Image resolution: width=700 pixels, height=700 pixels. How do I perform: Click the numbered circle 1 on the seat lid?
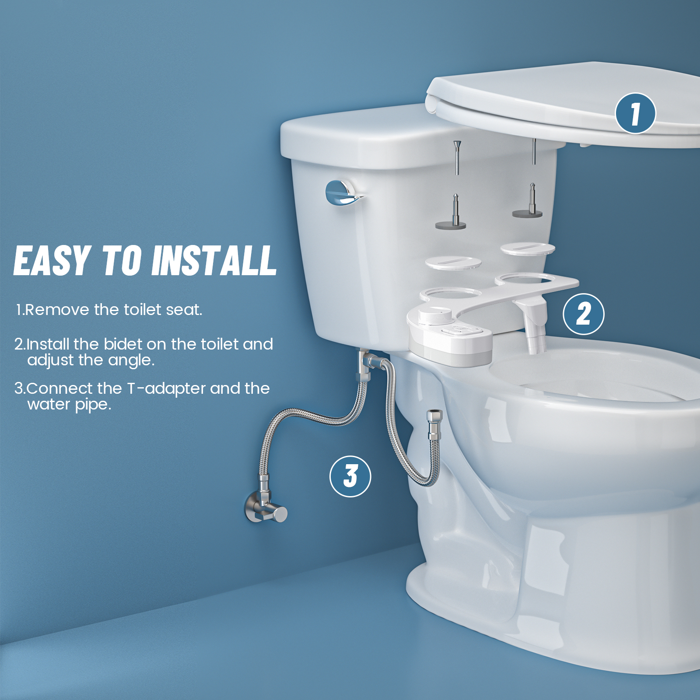(635, 113)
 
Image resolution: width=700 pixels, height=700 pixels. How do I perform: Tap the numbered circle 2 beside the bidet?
(583, 314)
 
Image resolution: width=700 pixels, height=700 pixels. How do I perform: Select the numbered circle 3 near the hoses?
(350, 476)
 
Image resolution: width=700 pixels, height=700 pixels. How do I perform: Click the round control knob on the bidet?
(434, 315)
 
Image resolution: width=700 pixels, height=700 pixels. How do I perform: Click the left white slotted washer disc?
(453, 263)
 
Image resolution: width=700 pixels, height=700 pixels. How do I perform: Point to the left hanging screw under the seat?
(457, 157)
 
